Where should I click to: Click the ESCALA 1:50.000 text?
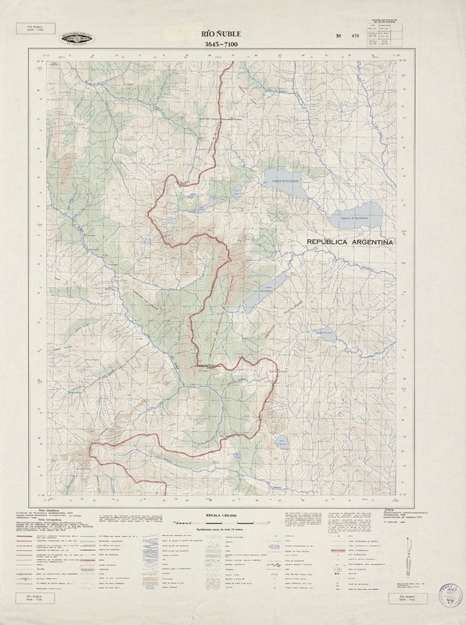click(x=233, y=516)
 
